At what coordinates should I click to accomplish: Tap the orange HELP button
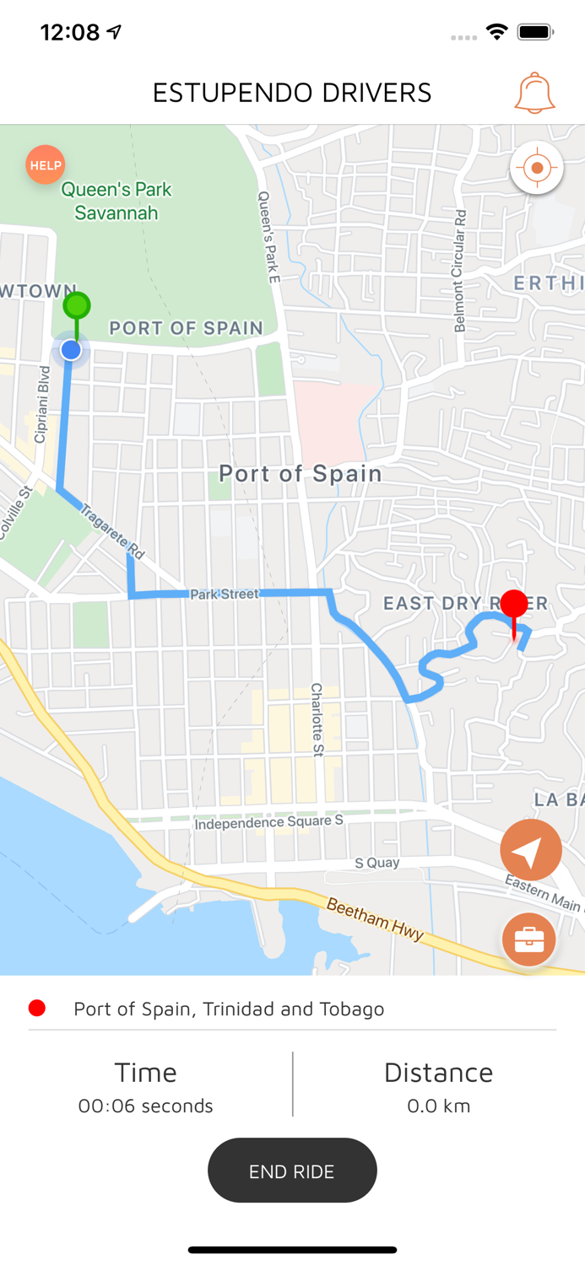(x=46, y=165)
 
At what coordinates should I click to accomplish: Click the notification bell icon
(x=534, y=93)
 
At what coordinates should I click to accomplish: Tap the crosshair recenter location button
(x=537, y=168)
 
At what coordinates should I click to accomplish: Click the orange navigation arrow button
(x=531, y=851)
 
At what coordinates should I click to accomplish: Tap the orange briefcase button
(x=529, y=939)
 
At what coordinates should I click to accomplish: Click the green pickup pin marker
(x=77, y=305)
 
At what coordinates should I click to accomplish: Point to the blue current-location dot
(x=71, y=349)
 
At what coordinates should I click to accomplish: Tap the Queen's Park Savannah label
(x=116, y=201)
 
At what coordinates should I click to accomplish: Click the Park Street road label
(x=224, y=594)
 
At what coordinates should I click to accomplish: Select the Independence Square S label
(x=268, y=821)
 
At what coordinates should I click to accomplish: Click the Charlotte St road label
(x=317, y=719)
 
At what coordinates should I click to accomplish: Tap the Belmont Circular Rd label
(x=459, y=271)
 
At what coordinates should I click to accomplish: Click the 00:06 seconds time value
(x=146, y=1106)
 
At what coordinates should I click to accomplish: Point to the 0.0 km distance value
(x=438, y=1106)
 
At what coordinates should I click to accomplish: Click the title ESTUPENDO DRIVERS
(x=292, y=93)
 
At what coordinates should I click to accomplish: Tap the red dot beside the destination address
(x=37, y=1009)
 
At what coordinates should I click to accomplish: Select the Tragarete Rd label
(x=115, y=531)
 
